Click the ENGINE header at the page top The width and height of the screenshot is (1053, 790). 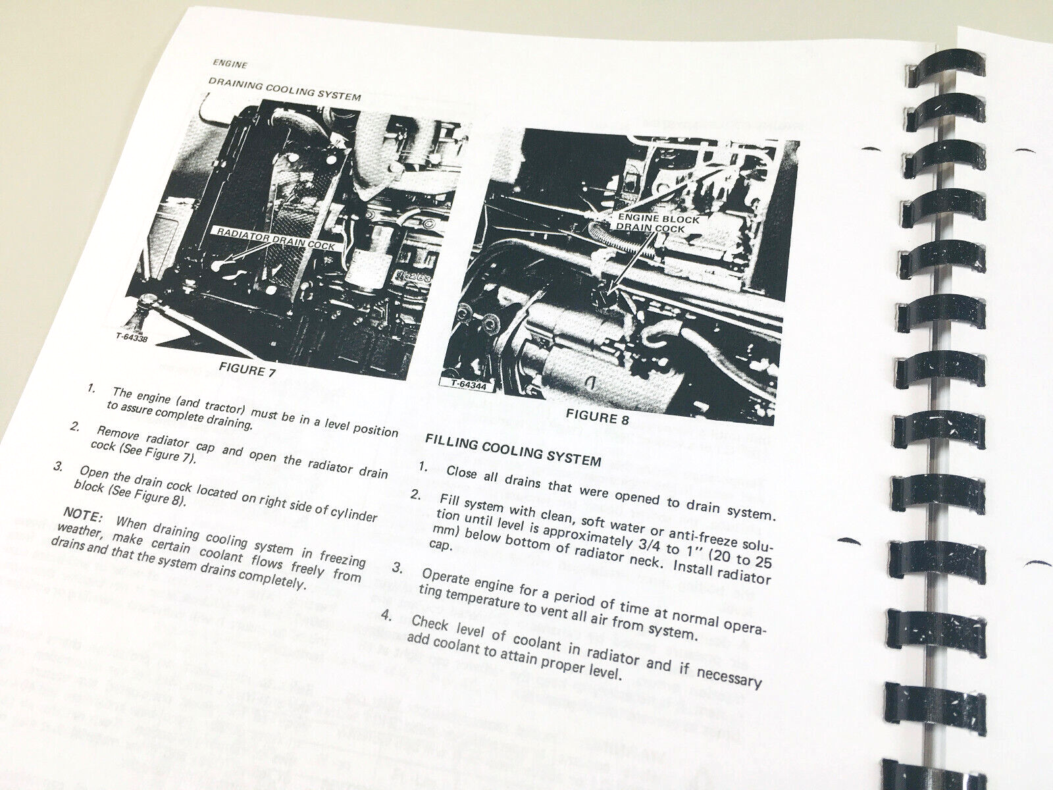[230, 64]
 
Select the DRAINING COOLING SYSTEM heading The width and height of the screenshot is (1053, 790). [284, 90]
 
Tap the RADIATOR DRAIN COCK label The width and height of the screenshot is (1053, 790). [275, 238]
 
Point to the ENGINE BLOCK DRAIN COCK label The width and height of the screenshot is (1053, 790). [657, 223]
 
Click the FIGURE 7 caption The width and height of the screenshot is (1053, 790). [248, 370]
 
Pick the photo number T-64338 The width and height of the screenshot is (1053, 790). [131, 337]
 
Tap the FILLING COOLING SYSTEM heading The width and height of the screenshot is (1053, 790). [513, 450]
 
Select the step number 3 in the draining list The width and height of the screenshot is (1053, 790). [59, 467]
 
